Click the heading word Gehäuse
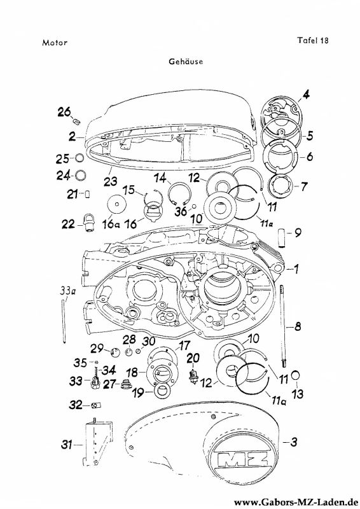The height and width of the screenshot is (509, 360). coord(186,61)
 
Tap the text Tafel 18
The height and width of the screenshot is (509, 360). coord(313,40)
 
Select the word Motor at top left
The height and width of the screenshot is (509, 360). coord(55,43)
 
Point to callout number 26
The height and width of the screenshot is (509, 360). coord(64,112)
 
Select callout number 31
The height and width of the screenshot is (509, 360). coord(67,444)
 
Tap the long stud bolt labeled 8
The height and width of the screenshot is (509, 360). coord(284,326)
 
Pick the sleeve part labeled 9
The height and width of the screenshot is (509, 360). coord(282,238)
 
